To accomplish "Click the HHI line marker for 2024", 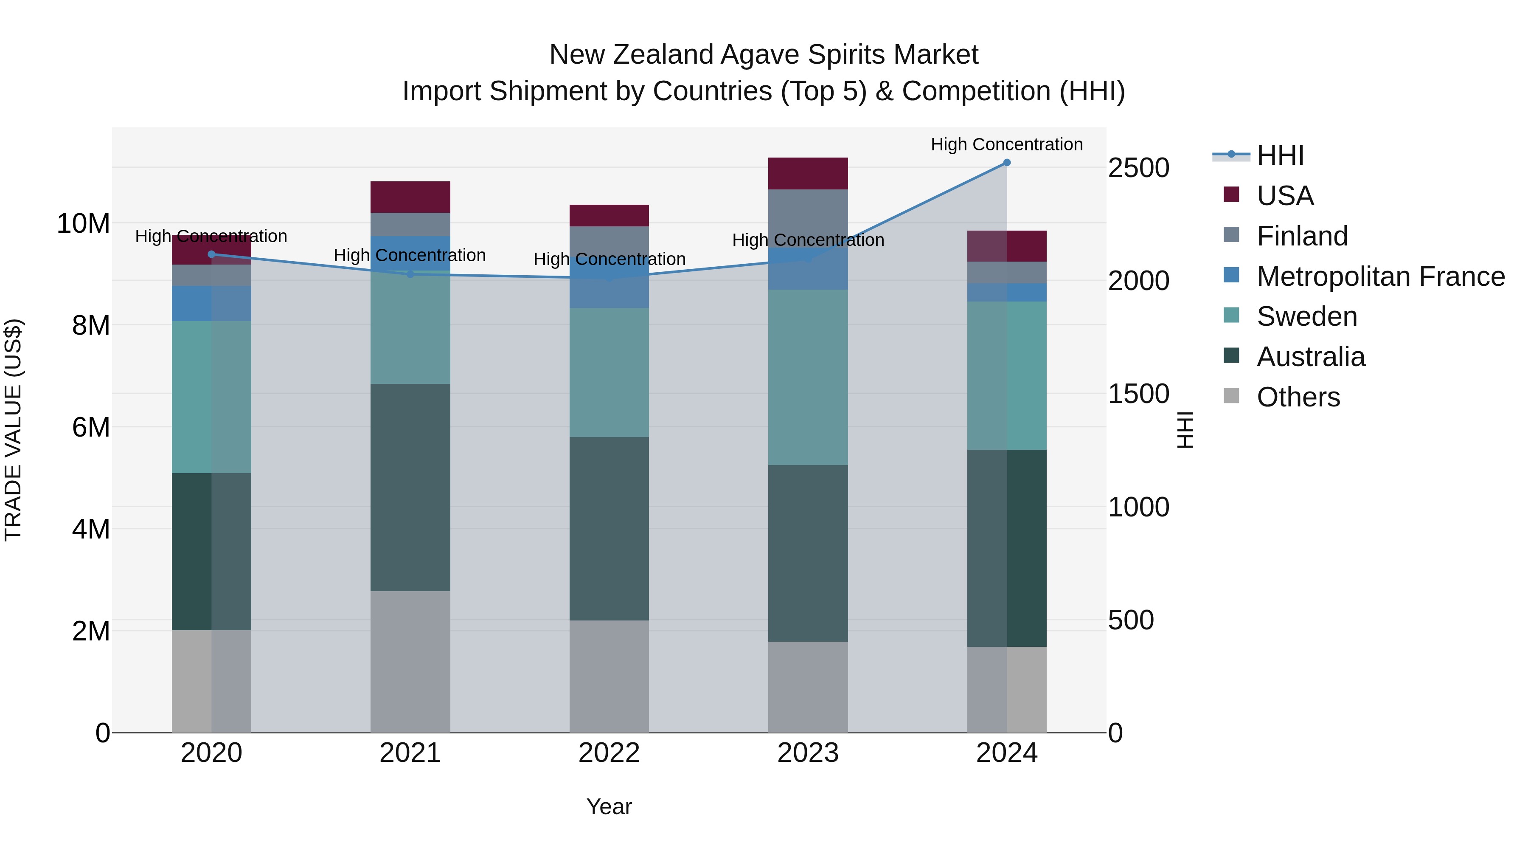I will click(x=1007, y=163).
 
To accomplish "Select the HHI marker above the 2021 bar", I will click(x=410, y=274).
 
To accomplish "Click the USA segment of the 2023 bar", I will click(x=808, y=173).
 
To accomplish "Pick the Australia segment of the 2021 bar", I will click(x=410, y=487).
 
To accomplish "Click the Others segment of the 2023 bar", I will click(x=808, y=687).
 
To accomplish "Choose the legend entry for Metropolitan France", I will click(x=1380, y=276).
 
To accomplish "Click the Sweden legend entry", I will click(x=1307, y=316).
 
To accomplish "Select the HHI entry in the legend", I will click(x=1280, y=155).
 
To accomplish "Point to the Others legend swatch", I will click(x=1231, y=396).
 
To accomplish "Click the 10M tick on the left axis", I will click(x=83, y=224).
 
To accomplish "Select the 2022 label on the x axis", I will click(x=609, y=753).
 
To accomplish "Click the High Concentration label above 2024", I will click(x=1007, y=144).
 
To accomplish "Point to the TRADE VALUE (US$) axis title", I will click(x=13, y=430).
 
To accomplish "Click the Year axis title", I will click(x=609, y=806).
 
